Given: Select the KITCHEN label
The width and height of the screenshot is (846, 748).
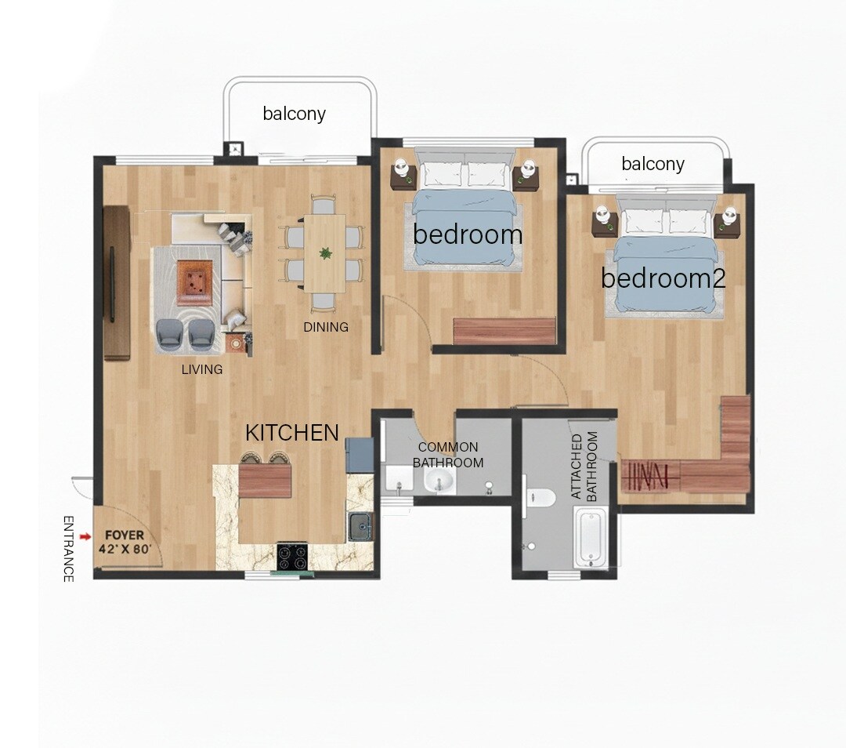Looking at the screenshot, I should (292, 433).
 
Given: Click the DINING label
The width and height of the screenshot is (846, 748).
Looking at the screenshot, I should (326, 327).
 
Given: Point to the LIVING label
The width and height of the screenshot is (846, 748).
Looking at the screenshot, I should (202, 369).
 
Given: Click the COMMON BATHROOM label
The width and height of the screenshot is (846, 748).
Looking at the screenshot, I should (448, 455).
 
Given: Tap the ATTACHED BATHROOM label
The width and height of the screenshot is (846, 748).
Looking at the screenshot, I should (584, 467).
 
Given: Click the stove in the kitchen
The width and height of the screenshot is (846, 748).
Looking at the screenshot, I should (291, 556).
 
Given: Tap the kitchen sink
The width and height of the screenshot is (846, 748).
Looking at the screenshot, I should (361, 526).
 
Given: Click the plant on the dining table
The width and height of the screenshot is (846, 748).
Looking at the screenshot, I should (324, 253).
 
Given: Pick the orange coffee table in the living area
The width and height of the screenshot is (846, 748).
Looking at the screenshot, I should (195, 281).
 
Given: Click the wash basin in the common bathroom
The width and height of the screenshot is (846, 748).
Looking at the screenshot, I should (440, 481).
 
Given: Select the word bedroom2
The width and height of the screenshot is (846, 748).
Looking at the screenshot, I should (663, 278).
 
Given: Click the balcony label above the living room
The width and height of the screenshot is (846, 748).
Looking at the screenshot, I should (294, 114).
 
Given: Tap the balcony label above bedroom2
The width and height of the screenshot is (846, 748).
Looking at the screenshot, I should (653, 164).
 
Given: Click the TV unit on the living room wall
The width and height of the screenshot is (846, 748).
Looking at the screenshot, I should (116, 282).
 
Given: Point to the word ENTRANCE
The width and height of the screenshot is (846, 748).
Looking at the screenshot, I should (68, 549).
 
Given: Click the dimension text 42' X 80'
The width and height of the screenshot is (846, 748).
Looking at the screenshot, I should (125, 550).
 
